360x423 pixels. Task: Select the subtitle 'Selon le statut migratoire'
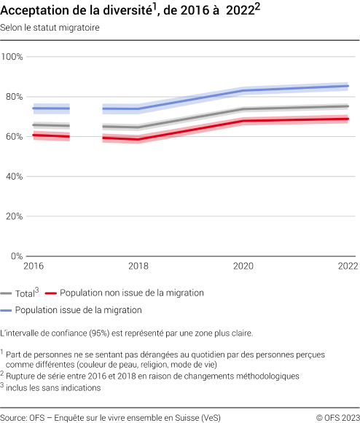click(x=51, y=28)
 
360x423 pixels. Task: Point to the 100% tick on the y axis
click(x=13, y=57)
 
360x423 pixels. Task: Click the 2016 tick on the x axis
click(x=34, y=267)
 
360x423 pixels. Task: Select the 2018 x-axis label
click(x=138, y=267)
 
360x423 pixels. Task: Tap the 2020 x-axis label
click(x=243, y=267)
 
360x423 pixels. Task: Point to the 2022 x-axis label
click(x=348, y=267)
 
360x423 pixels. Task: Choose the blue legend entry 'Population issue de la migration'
click(x=81, y=309)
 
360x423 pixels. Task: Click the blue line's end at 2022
click(x=348, y=86)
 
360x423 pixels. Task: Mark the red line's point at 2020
click(x=243, y=121)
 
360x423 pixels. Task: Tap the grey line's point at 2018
click(x=138, y=127)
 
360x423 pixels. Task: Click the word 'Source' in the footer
click(x=15, y=416)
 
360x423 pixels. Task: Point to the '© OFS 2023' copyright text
click(x=337, y=416)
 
